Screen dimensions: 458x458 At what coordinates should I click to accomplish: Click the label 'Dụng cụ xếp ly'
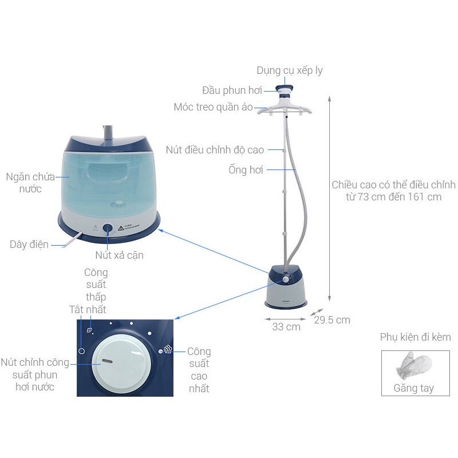coord(289,70)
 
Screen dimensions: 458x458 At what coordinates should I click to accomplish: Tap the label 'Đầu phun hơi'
coord(232,90)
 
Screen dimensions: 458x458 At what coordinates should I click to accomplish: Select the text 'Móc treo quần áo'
coord(213,107)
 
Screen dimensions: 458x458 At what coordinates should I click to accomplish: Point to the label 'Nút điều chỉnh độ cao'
coord(215,150)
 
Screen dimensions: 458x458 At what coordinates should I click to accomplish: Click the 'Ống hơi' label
coord(246,170)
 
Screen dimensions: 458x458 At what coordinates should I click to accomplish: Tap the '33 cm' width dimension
coord(286,327)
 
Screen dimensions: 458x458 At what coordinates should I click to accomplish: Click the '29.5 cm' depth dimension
coord(332,320)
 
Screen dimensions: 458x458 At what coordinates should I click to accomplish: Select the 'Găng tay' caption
coord(413,388)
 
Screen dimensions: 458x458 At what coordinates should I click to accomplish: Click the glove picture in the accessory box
coord(413,365)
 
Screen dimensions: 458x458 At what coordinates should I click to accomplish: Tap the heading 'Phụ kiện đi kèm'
coord(415,337)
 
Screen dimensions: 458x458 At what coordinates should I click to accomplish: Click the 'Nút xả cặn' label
coord(119,255)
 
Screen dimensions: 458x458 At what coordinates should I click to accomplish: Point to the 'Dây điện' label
coord(29,244)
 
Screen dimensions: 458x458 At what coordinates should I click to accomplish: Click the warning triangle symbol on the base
coord(121,228)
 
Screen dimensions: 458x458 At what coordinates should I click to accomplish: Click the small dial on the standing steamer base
coord(286,279)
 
